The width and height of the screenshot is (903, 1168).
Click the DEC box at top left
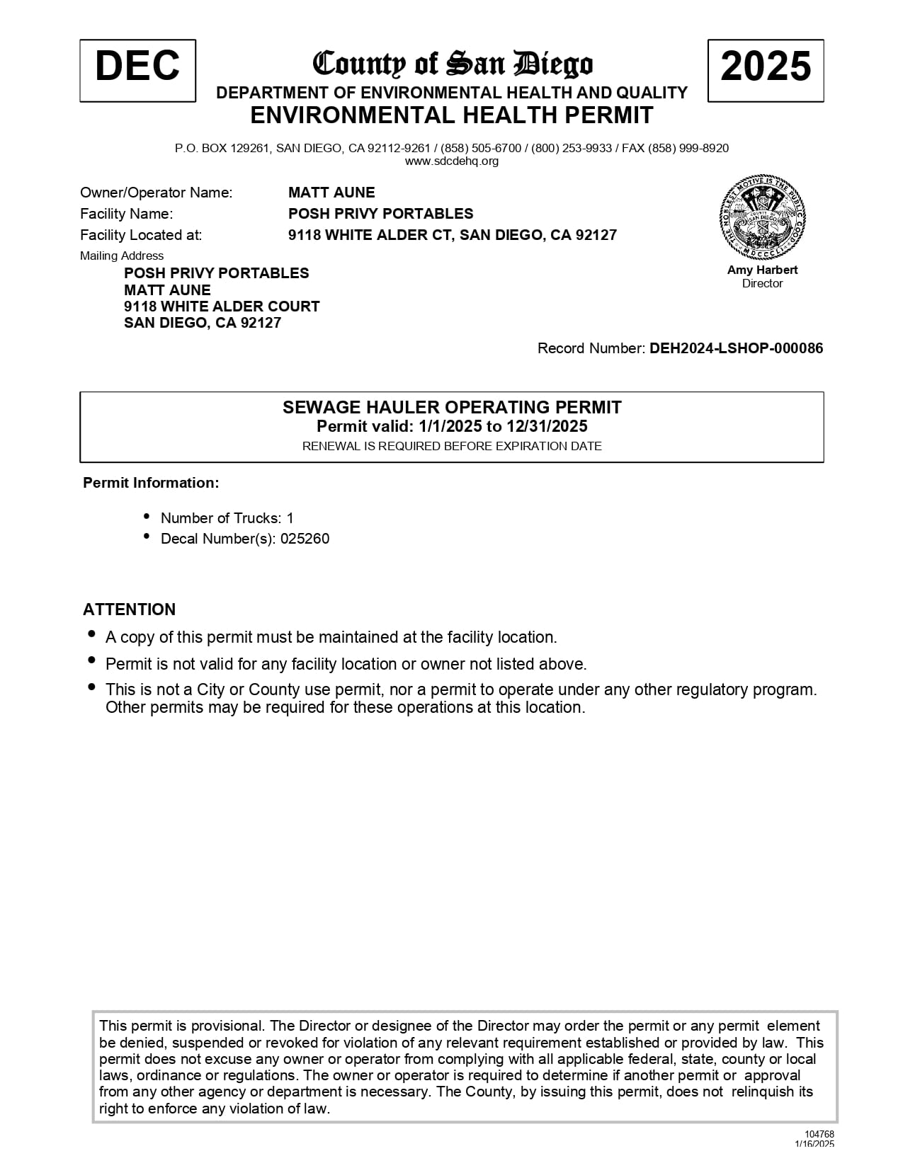pos(137,70)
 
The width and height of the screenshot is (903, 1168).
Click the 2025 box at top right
pos(766,70)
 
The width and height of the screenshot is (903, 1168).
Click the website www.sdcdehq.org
pos(452,161)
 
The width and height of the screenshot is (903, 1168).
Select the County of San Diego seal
pos(763,218)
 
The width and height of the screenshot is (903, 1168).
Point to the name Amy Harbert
pos(762,270)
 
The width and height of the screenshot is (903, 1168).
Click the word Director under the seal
pos(762,283)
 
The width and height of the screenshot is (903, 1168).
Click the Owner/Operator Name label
pos(156,193)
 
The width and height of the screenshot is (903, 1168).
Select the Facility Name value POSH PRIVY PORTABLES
pos(380,214)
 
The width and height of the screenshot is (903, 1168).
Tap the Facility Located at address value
pos(452,235)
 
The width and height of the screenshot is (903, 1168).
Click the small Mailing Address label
pos(122,256)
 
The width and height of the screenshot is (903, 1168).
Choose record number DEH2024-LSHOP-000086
pos(737,348)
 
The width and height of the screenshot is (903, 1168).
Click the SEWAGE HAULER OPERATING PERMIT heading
pos(452,407)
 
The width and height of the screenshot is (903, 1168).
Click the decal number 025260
pos(305,539)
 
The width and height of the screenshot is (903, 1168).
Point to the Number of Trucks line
pos(227,518)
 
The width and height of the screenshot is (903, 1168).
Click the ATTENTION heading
pos(129,609)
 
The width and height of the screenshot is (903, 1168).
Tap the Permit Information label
pos(151,483)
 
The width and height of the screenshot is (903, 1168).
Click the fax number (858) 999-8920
pos(703,148)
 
